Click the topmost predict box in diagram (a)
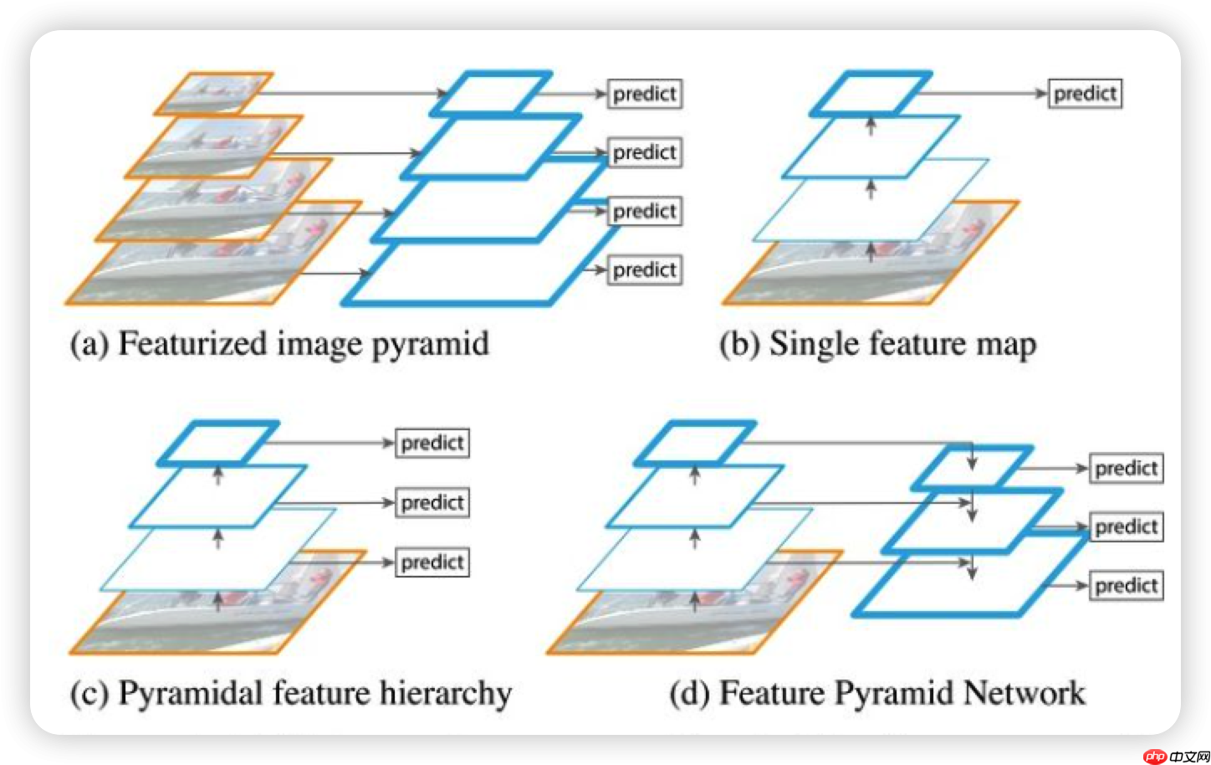click(x=644, y=94)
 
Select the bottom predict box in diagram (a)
click(x=644, y=270)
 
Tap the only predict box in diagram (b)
click(x=1085, y=94)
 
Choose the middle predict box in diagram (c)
click(x=432, y=503)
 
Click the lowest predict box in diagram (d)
click(x=1126, y=586)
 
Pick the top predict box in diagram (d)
click(x=1126, y=469)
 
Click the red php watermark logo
click(x=1155, y=756)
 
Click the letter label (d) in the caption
click(x=688, y=694)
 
